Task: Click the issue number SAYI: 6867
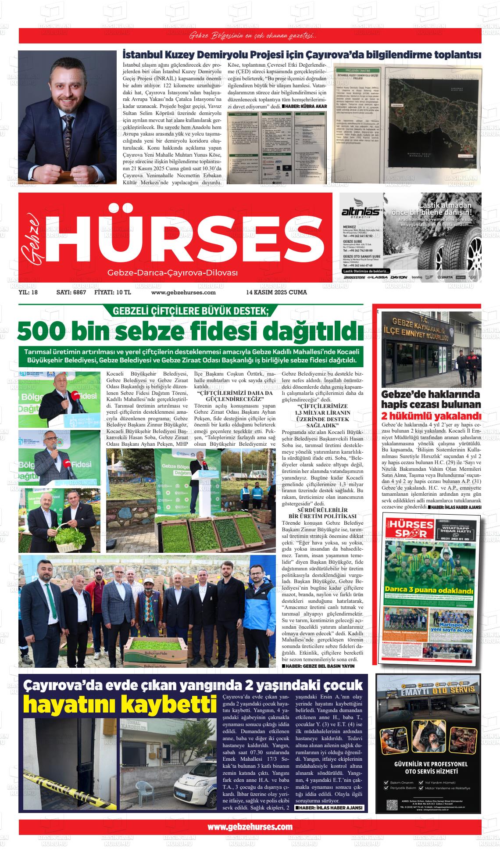71,292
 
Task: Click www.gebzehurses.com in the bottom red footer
250,827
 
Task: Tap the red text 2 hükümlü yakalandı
431,416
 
